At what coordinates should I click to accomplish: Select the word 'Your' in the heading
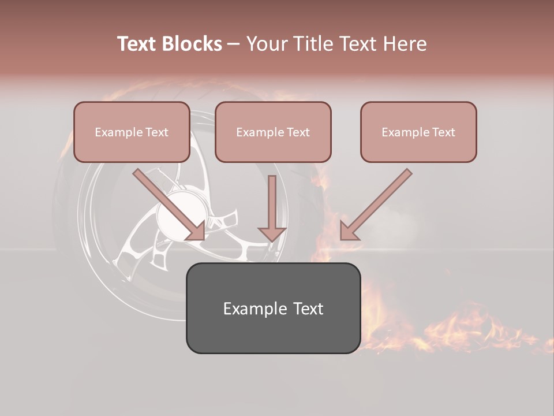click(x=267, y=44)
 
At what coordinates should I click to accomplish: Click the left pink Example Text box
click(x=132, y=132)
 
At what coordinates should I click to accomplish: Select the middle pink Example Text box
click(x=273, y=132)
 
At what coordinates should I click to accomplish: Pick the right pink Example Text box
click(x=418, y=132)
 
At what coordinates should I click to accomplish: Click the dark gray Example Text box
click(x=273, y=308)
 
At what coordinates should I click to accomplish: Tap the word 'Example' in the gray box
click(x=249, y=309)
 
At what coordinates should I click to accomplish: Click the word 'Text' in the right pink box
click(x=443, y=132)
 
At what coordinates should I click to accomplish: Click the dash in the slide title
click(x=234, y=44)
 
